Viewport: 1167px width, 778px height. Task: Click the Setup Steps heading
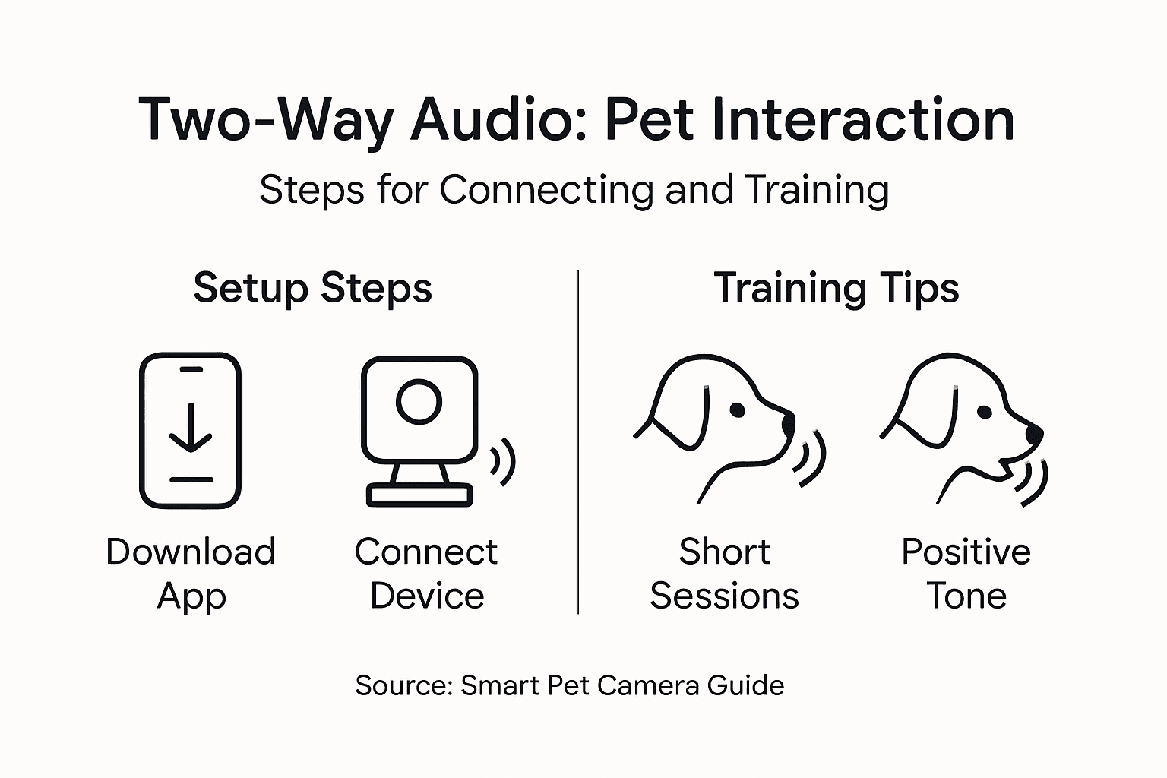(312, 289)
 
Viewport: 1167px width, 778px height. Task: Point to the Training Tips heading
(836, 289)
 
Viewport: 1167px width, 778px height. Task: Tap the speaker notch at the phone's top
(191, 370)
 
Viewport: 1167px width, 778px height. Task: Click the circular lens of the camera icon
(419, 401)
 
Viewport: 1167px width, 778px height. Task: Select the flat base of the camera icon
(419, 495)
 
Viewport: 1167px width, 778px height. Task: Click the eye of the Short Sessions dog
(736, 410)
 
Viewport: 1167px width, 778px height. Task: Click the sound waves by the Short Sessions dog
(811, 460)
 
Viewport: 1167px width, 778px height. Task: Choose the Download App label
(191, 574)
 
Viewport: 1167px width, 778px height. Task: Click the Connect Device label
(426, 574)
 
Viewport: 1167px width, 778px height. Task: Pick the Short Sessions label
(724, 574)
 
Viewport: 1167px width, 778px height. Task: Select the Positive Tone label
(966, 574)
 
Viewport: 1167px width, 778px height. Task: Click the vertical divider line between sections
(578, 441)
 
